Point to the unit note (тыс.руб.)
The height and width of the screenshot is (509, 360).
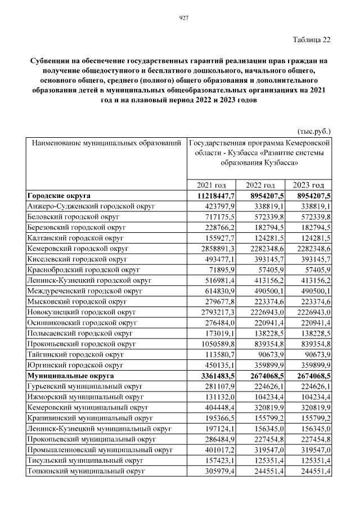tap(313, 129)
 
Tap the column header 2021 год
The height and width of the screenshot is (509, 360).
tap(211, 186)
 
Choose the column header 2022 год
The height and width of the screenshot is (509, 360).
tap(261, 186)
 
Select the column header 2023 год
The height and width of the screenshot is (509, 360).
tap(309, 186)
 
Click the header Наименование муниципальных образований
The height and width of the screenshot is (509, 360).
tap(106, 143)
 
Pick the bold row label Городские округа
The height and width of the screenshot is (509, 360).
tap(59, 196)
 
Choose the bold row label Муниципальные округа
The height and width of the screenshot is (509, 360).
tap(70, 375)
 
